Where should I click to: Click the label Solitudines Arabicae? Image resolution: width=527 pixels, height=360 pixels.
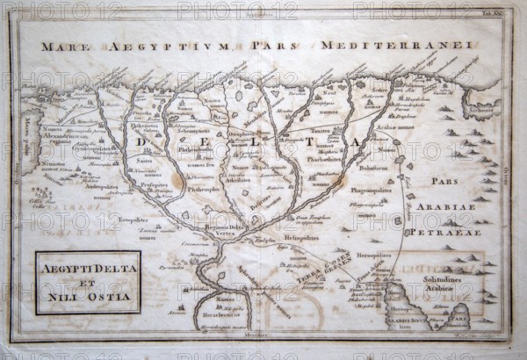[436, 286]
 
